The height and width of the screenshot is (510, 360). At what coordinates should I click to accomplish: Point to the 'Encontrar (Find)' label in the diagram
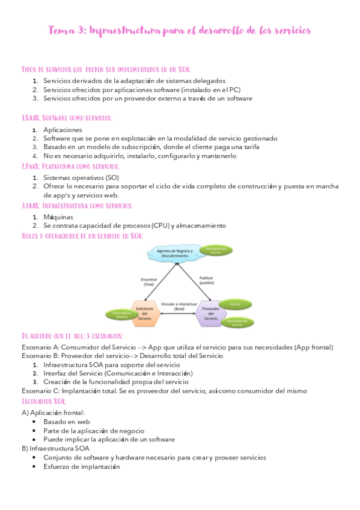point(148,281)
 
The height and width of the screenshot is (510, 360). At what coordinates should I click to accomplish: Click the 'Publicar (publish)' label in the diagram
point(206,280)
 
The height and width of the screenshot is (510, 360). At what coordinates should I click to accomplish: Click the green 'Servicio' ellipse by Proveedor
point(236,305)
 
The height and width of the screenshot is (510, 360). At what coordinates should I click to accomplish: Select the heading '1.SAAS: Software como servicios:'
point(66,118)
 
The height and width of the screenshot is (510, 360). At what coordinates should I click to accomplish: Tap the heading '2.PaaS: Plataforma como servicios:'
point(70,166)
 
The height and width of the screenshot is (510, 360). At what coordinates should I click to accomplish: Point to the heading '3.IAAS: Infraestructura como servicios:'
point(76,206)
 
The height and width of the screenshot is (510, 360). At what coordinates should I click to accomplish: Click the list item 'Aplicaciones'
point(63,130)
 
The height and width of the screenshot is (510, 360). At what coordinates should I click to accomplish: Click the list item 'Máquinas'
point(58,217)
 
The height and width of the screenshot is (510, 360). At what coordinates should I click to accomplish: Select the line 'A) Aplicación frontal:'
point(53,413)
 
